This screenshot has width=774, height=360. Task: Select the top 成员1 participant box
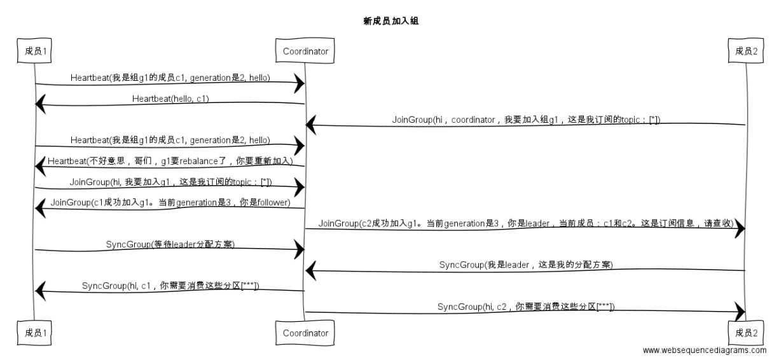click(x=35, y=52)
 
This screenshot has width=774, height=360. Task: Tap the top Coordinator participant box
click(x=305, y=52)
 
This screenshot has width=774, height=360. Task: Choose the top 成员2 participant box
click(x=745, y=52)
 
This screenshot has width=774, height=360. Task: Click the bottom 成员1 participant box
click(x=35, y=333)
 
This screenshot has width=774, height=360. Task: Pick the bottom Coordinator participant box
click(x=305, y=333)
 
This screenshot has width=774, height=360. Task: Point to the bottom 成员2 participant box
click(x=745, y=333)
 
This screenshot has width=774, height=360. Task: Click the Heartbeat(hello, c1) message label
click(x=170, y=99)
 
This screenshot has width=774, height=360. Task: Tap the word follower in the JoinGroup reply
click(x=270, y=203)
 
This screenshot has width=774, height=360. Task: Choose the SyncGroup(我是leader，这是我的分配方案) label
click(x=525, y=264)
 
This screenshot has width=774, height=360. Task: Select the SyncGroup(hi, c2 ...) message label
click(x=525, y=307)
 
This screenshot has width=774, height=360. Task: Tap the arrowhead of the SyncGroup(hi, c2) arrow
click(x=739, y=312)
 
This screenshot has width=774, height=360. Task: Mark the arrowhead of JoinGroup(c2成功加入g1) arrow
click(x=739, y=230)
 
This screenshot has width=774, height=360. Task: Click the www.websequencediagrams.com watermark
click(x=705, y=350)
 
